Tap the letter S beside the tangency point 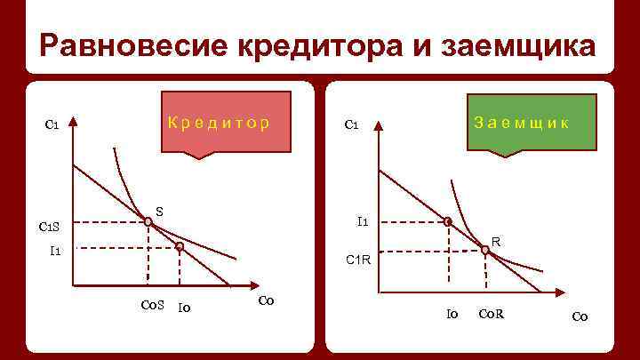pyautogui.click(x=159, y=211)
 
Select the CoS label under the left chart pyautogui.click(x=153, y=307)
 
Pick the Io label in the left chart pyautogui.click(x=186, y=308)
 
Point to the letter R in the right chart pyautogui.click(x=496, y=241)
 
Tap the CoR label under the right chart pyautogui.click(x=491, y=314)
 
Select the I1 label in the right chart pyautogui.click(x=364, y=221)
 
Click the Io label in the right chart pyautogui.click(x=452, y=314)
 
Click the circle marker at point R pyautogui.click(x=485, y=251)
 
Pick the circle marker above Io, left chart pyautogui.click(x=179, y=246)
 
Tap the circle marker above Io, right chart pyautogui.click(x=448, y=222)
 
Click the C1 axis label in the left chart pyautogui.click(x=52, y=124)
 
